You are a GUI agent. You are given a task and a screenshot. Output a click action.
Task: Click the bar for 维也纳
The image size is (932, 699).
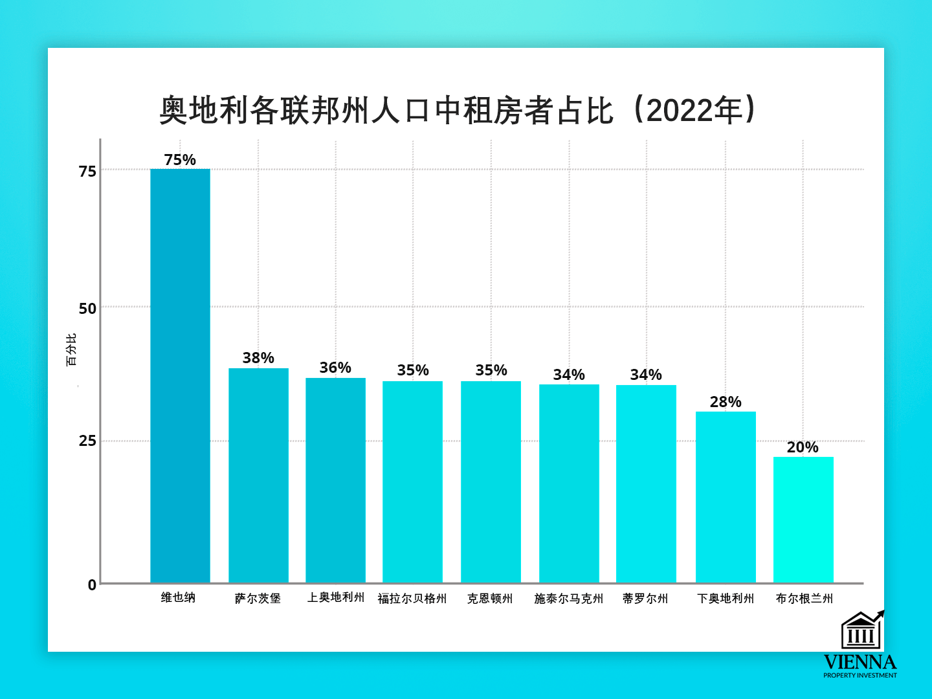[x=180, y=375]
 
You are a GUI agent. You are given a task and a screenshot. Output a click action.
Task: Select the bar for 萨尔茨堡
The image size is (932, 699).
[x=258, y=475]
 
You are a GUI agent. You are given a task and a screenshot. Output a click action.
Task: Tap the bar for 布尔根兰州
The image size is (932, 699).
[x=803, y=519]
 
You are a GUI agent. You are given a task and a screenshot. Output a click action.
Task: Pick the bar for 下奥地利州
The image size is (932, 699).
[x=726, y=496]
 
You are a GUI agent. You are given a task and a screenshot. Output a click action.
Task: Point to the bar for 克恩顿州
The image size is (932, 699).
[x=491, y=482]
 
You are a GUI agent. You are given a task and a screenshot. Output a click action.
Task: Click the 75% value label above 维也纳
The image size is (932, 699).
[x=180, y=160]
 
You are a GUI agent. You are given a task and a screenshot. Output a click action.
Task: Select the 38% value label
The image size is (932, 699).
[x=258, y=358]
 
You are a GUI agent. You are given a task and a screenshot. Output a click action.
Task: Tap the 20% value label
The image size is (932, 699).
[x=803, y=447]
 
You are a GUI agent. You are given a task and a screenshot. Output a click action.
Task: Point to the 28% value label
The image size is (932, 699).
[x=726, y=402]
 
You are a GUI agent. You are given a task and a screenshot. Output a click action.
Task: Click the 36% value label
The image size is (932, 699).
[x=335, y=368]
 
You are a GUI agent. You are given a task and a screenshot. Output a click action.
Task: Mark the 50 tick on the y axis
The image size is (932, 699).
[x=87, y=309]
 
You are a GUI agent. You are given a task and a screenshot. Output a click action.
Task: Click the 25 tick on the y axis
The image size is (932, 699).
[x=87, y=441]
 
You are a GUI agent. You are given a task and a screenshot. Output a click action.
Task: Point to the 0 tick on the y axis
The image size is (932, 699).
[x=92, y=585]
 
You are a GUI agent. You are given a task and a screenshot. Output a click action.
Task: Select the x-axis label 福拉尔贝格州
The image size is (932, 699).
[x=412, y=599]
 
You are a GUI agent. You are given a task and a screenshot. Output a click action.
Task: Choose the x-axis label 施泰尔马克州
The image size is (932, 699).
[x=568, y=599]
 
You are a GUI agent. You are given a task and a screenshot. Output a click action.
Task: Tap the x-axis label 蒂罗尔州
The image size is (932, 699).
[x=645, y=599]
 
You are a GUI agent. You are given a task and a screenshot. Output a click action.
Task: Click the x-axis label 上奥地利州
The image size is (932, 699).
[x=335, y=597]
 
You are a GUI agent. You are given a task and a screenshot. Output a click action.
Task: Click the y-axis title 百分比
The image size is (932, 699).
[x=71, y=349]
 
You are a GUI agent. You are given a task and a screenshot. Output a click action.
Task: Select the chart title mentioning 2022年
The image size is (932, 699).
[x=458, y=110]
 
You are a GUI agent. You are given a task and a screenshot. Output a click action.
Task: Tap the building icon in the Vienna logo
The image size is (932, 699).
[x=861, y=631]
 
